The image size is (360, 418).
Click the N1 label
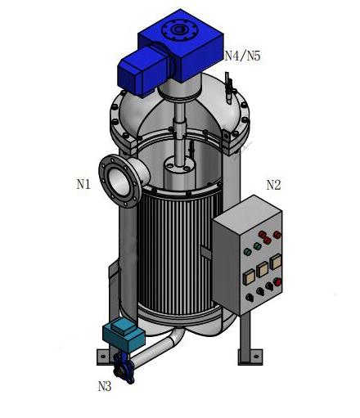83,185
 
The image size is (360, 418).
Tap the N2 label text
273,185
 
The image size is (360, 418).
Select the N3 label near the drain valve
105,386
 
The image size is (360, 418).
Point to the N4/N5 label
242,56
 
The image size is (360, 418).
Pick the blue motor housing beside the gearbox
142,71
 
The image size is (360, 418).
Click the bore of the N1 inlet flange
119,182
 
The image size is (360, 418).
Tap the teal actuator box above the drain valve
124,335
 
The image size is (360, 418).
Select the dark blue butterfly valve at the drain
124,366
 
